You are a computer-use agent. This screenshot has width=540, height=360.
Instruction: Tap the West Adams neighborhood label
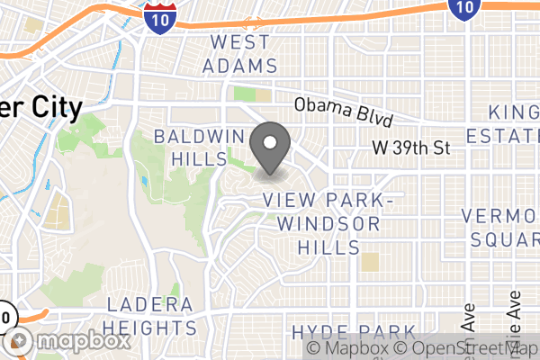pyautogui.click(x=239, y=54)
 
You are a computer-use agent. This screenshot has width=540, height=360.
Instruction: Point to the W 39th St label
pyautogui.click(x=410, y=148)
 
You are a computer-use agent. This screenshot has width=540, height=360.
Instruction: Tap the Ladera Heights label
pyautogui.click(x=150, y=316)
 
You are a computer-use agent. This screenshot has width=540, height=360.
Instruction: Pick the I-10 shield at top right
pyautogui.click(x=461, y=8)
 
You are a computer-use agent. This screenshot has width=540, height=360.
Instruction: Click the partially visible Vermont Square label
pyautogui.click(x=500, y=228)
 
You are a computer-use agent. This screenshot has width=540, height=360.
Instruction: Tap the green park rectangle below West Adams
pyautogui.click(x=244, y=94)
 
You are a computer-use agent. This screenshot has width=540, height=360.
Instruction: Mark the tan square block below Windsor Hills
pyautogui.click(x=369, y=262)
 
